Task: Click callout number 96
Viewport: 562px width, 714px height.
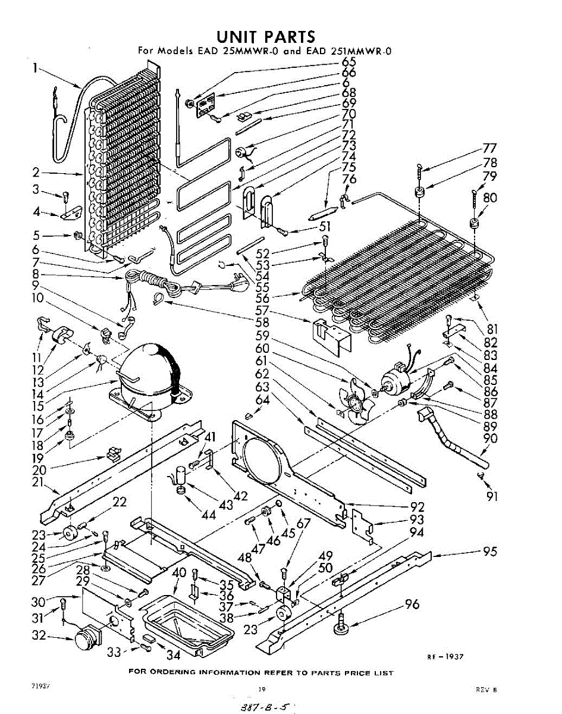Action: [x=412, y=605]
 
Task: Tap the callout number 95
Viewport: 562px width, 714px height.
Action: [x=489, y=552]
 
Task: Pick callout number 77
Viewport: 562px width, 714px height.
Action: [x=489, y=148]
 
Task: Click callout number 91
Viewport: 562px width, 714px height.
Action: [x=492, y=496]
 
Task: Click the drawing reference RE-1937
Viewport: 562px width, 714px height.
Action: [x=444, y=657]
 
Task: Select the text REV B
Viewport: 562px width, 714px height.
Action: [x=486, y=690]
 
